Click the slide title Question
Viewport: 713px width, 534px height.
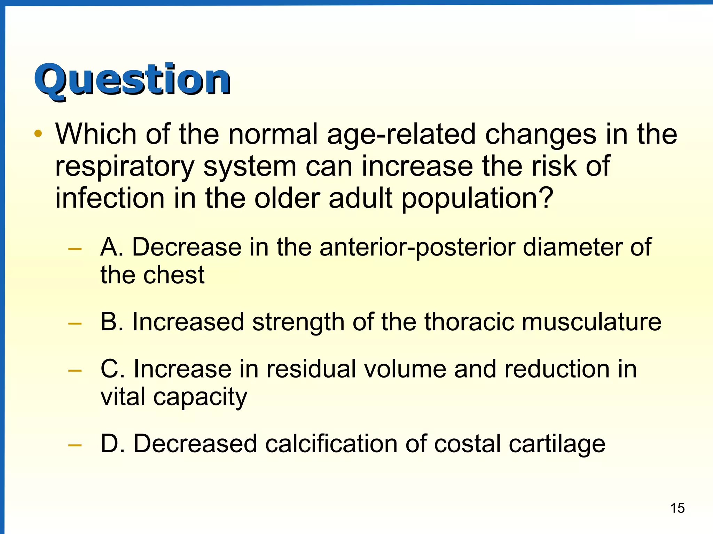coord(132,80)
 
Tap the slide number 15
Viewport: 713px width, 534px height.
coord(677,508)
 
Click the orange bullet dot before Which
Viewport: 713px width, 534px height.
coord(38,133)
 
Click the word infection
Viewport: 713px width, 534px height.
coord(110,198)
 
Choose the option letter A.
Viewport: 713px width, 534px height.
coord(111,247)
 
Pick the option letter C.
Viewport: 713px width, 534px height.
coord(111,369)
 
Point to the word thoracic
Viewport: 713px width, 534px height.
coord(469,322)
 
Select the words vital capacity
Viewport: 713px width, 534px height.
coord(173,397)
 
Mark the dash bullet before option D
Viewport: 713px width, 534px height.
coord(75,445)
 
